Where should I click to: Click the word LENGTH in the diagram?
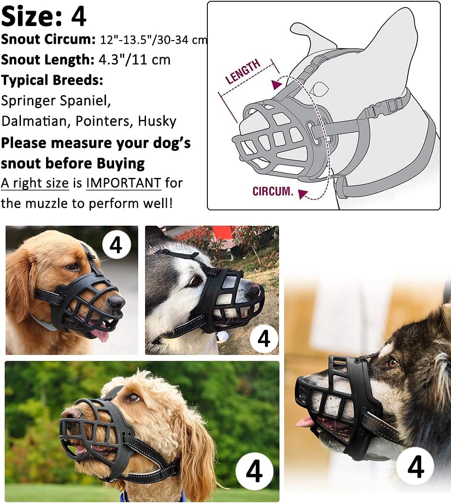click(x=243, y=72)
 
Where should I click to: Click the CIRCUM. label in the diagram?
click(x=273, y=191)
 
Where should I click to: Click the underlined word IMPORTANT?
click(x=123, y=183)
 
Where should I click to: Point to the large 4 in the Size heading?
click(x=79, y=16)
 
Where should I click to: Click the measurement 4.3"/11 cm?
click(x=134, y=59)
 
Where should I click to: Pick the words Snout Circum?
click(x=48, y=39)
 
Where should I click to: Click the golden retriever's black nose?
click(x=116, y=302)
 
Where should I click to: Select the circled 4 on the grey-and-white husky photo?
click(x=264, y=339)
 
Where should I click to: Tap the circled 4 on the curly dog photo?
click(x=254, y=472)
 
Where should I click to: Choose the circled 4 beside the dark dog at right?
click(x=416, y=467)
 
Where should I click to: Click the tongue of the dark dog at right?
click(x=304, y=422)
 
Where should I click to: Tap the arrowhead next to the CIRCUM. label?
click(x=303, y=195)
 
